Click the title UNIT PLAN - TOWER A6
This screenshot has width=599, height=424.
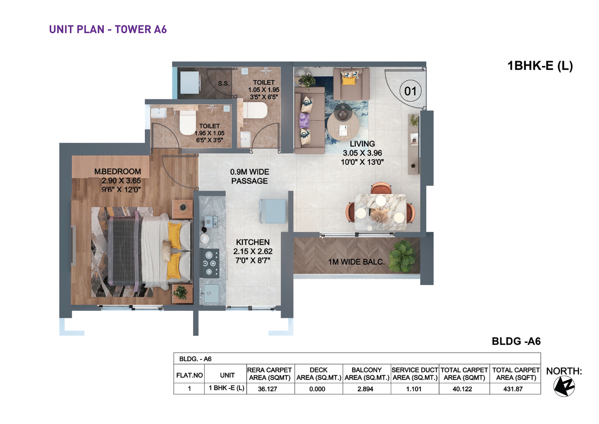point(108,29)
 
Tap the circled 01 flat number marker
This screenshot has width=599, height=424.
point(410,91)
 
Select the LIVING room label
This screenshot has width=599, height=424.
point(362,144)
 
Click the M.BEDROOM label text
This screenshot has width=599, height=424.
point(118,172)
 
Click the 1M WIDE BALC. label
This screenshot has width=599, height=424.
point(356,262)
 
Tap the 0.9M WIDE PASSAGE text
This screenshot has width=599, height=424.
point(250,176)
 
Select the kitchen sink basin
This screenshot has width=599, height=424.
point(211,293)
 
